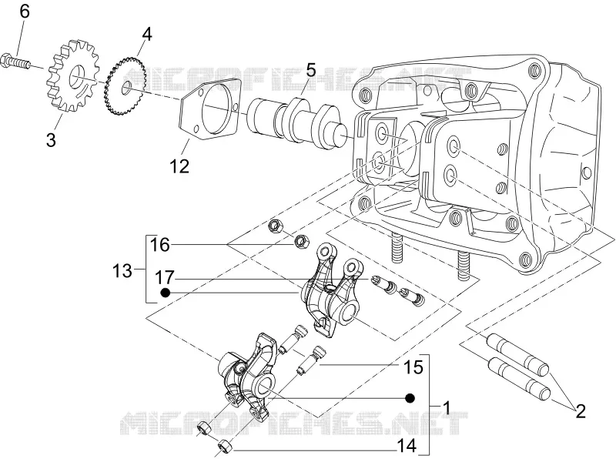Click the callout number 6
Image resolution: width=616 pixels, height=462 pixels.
[25, 12]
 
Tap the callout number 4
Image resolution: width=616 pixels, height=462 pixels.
[146, 35]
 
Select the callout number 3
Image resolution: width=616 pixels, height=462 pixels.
[51, 140]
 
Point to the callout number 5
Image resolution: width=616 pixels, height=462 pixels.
[311, 70]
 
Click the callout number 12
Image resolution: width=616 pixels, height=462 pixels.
[179, 166]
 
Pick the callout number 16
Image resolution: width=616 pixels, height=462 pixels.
[160, 245]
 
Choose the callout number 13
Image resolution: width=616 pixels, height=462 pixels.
[122, 271]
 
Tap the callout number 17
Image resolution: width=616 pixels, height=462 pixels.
[164, 278]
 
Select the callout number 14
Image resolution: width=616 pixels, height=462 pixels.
[407, 446]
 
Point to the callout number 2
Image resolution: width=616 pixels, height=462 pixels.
[581, 411]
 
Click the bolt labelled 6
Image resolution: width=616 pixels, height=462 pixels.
[15, 62]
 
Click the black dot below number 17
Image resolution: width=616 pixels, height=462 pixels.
[166, 293]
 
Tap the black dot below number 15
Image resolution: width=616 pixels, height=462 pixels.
[410, 398]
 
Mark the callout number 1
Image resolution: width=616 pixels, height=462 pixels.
[446, 408]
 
